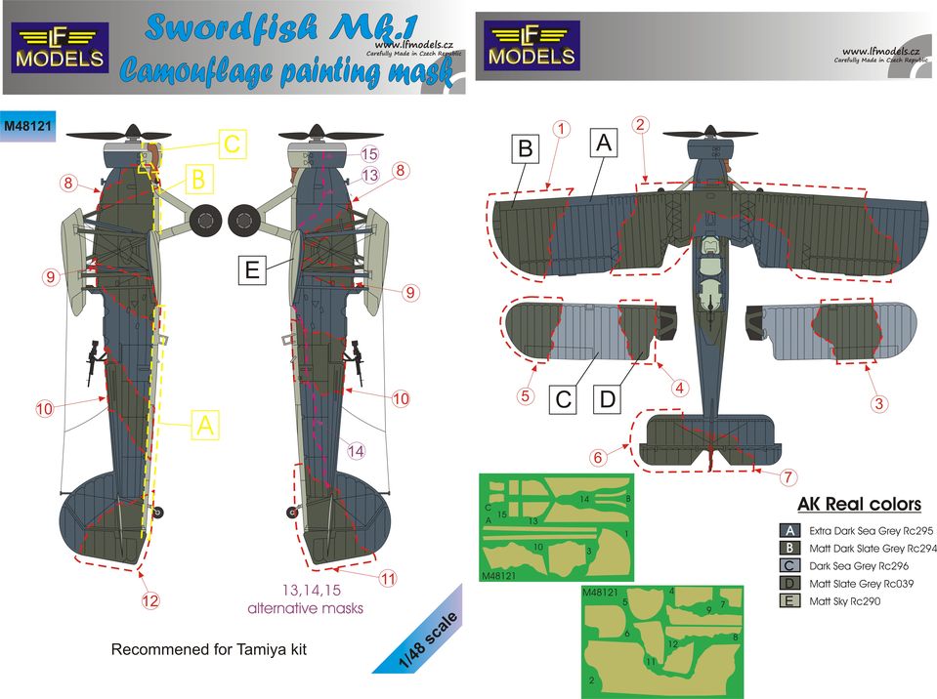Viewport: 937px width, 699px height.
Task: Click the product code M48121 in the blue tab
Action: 27,126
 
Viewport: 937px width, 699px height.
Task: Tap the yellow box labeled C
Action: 232,144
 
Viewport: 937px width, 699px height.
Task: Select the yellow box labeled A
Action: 205,426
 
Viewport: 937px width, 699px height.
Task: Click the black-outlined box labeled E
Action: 252,269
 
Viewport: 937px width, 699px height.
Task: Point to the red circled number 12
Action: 150,600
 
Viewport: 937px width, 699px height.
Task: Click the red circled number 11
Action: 388,578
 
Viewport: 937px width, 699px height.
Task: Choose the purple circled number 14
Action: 356,451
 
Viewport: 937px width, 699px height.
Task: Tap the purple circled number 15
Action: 369,154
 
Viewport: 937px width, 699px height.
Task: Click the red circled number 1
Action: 561,128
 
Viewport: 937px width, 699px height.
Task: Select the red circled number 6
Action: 598,457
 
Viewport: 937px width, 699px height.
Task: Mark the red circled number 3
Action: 878,403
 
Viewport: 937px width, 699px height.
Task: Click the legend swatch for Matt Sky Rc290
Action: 789,600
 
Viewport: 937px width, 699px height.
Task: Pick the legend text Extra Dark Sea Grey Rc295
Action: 871,531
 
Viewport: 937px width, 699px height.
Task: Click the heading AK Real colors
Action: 859,504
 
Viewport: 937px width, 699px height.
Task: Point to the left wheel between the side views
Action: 205,220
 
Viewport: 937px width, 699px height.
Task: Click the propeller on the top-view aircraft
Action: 710,134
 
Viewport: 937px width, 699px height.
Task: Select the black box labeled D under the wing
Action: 607,398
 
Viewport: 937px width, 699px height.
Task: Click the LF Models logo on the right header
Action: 532,45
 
